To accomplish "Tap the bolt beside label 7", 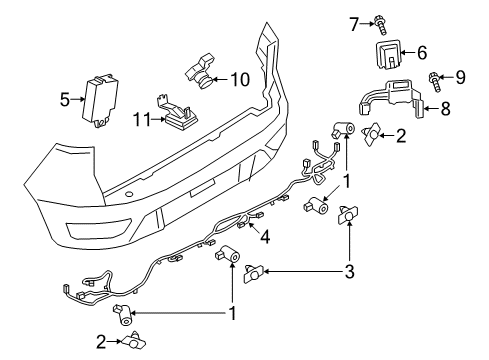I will click(x=383, y=19).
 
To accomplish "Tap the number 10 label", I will click(x=239, y=78).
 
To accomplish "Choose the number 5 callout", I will click(x=65, y=99).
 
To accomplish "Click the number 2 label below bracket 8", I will click(x=400, y=136).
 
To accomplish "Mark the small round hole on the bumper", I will click(x=129, y=194).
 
